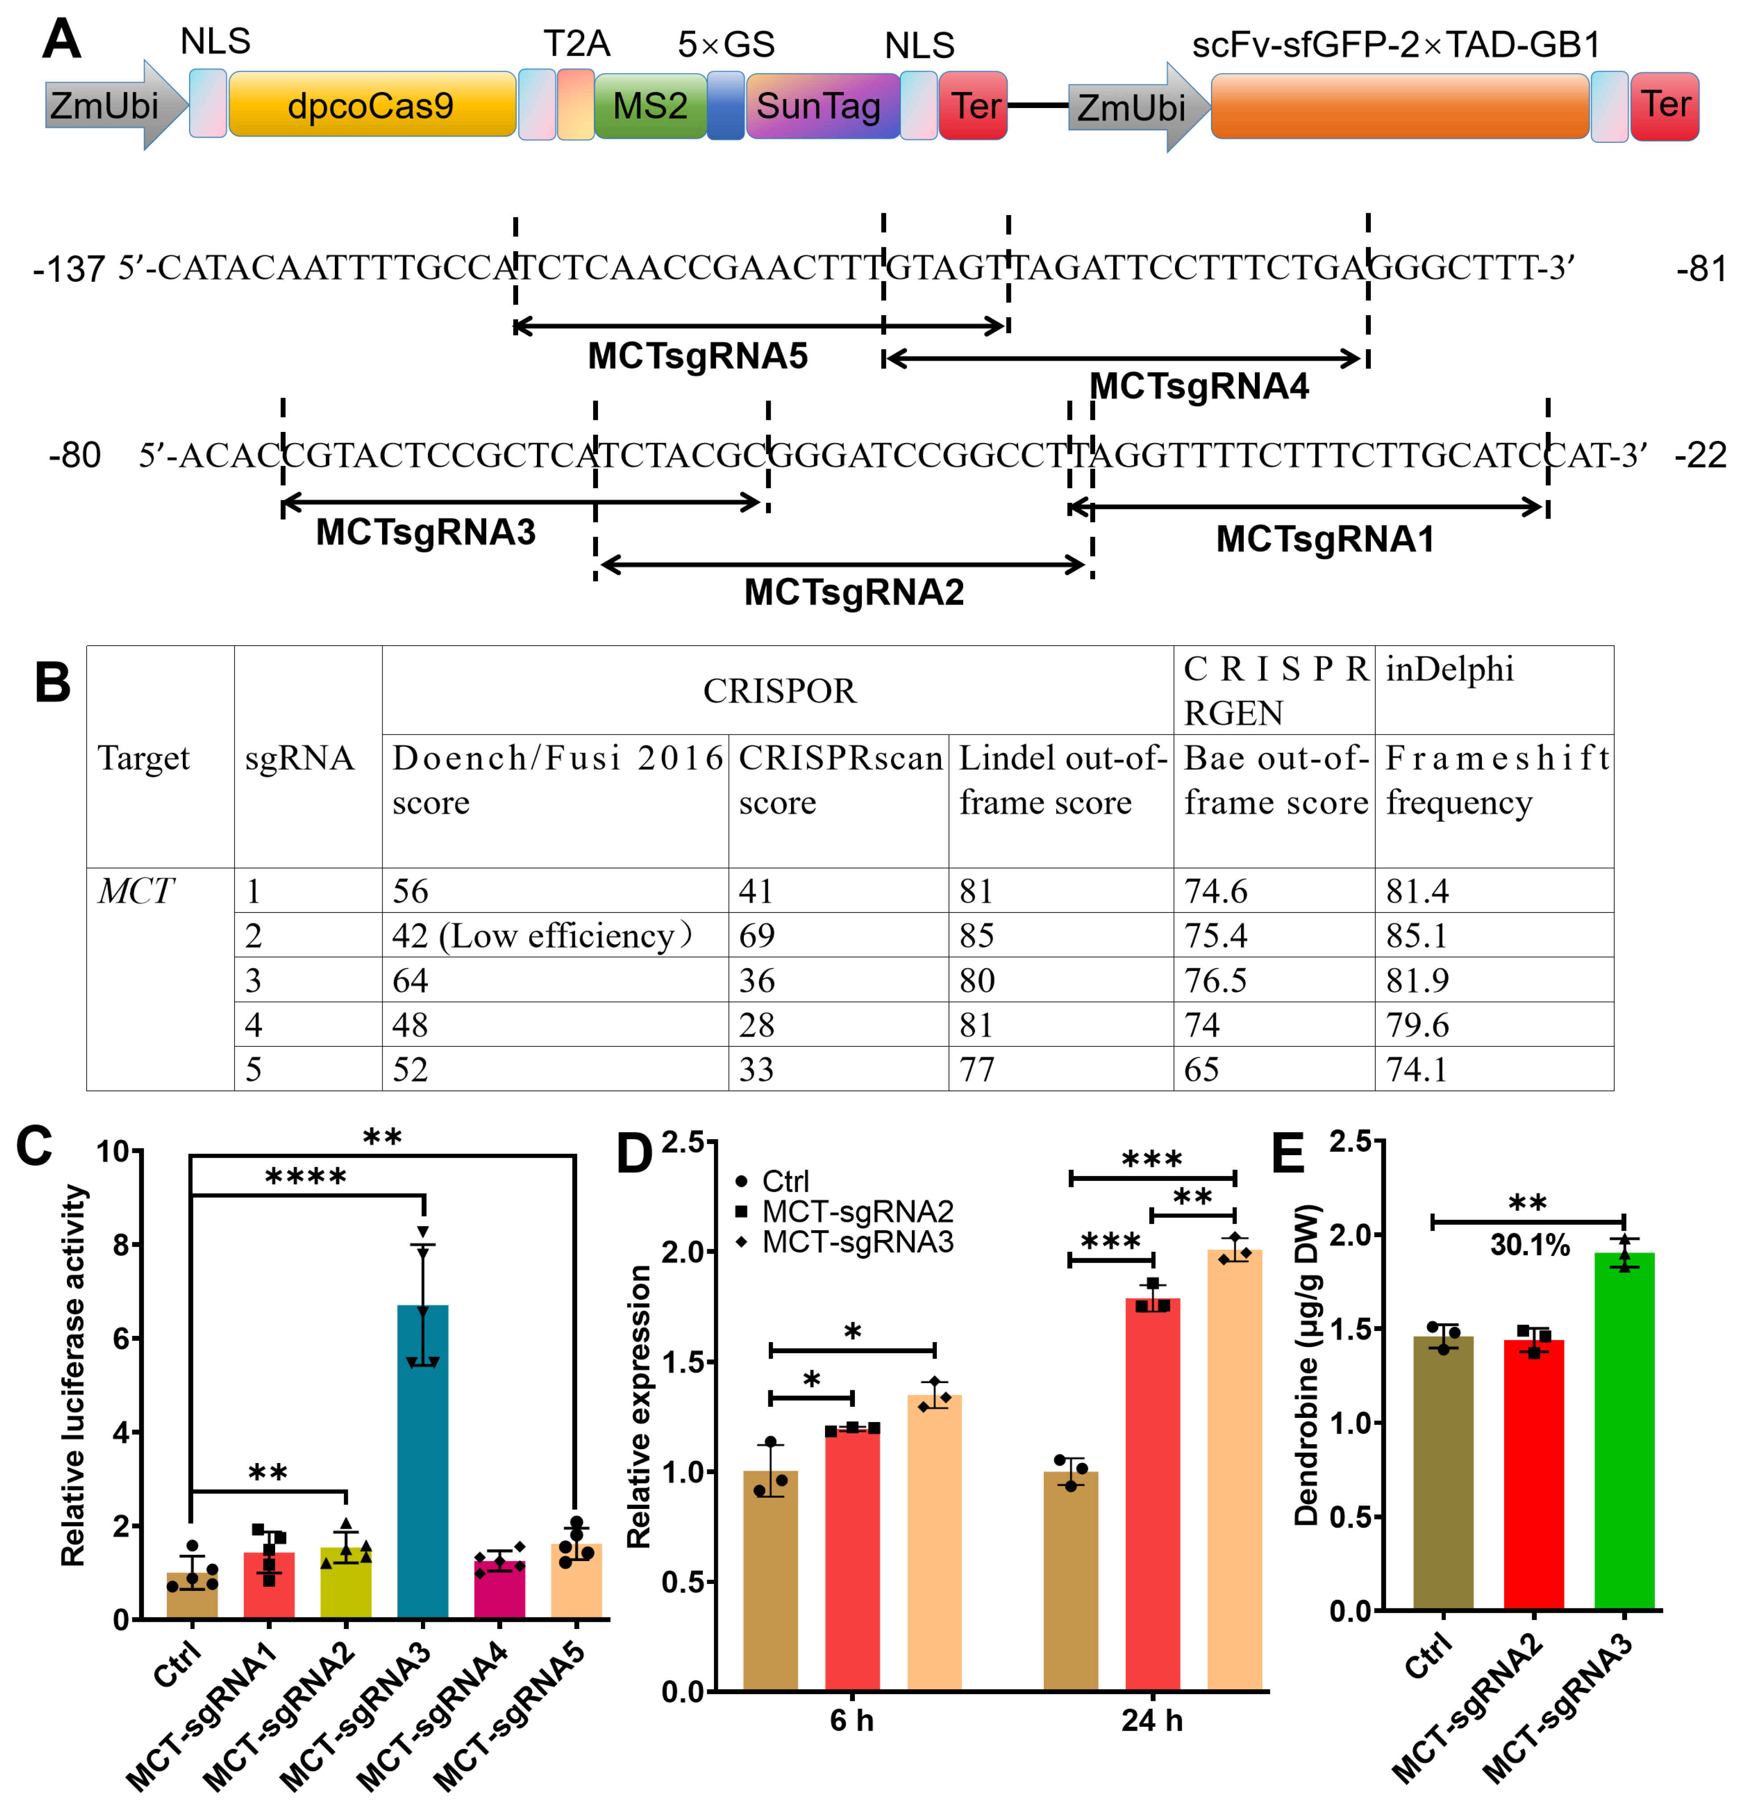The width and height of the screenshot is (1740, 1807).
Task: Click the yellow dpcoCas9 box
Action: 371,105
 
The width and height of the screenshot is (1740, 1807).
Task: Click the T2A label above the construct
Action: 576,43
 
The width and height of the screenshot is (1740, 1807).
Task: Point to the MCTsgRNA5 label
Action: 698,356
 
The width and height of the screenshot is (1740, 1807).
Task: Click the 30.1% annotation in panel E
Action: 1530,1246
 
